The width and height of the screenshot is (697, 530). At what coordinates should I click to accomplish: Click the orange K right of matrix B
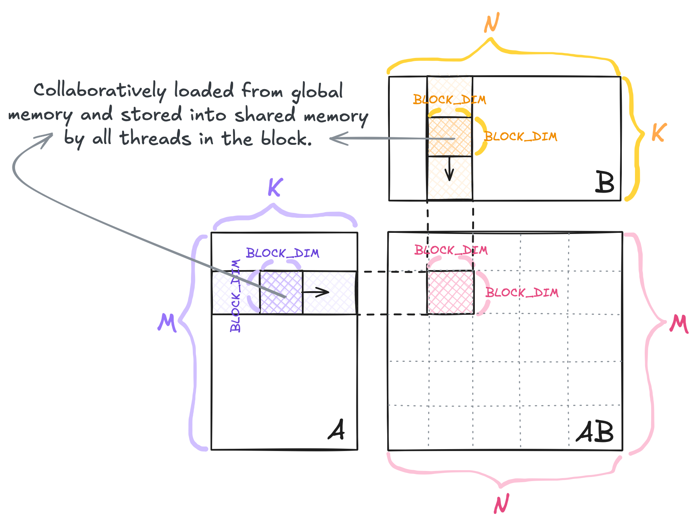(x=659, y=132)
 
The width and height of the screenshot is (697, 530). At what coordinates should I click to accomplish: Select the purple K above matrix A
(x=275, y=187)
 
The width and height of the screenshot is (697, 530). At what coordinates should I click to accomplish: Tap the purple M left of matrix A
(x=167, y=323)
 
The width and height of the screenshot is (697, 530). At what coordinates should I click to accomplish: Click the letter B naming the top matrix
(x=605, y=182)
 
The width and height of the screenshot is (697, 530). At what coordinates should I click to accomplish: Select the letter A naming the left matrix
(x=336, y=430)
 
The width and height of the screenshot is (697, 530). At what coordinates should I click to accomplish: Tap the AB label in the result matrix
(x=595, y=432)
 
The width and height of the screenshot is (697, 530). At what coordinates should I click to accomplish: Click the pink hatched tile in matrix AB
(x=450, y=292)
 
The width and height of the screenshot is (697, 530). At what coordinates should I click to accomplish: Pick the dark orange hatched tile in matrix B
(x=450, y=137)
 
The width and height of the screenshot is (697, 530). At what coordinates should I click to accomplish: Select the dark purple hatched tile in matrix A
(x=281, y=292)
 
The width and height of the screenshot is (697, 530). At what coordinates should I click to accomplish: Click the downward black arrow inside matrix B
(x=449, y=169)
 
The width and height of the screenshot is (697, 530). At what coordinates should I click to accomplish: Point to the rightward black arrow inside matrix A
(x=316, y=292)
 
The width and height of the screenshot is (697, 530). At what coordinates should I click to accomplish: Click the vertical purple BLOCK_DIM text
(x=235, y=296)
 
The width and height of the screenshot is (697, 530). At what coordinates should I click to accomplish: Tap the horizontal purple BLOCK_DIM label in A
(x=282, y=253)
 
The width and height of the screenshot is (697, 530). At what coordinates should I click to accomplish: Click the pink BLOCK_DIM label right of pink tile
(x=522, y=292)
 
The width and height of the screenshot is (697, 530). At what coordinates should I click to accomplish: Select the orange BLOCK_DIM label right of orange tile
(x=520, y=136)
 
